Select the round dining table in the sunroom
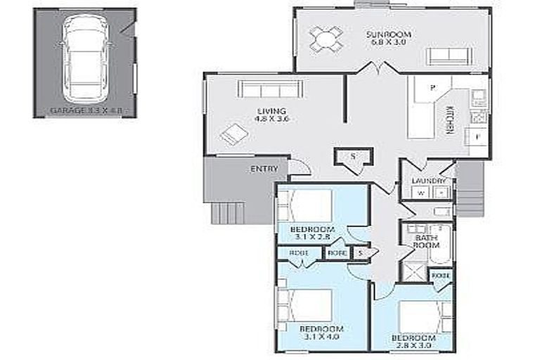(326, 39)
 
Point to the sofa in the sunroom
(448, 56)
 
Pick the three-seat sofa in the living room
(271, 89)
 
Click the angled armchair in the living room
(231, 134)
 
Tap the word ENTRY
(264, 169)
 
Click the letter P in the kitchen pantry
(433, 88)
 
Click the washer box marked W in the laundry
(420, 193)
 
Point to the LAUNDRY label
(428, 181)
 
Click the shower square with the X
(413, 271)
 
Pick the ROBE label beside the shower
(441, 275)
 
